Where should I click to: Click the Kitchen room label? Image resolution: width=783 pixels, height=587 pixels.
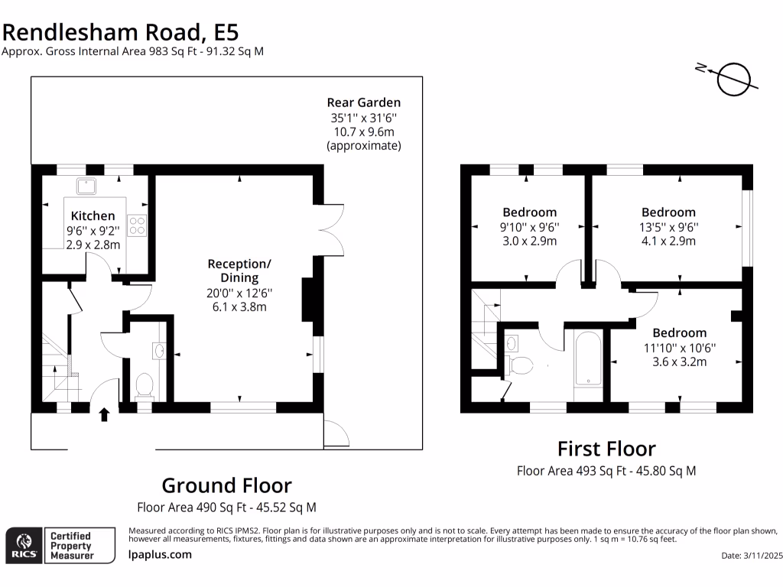tap(93, 216)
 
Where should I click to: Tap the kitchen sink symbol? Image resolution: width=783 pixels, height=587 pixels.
tap(83, 184)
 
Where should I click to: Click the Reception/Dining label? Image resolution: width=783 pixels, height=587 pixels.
tap(239, 271)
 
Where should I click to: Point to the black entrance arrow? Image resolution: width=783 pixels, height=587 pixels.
tap(104, 414)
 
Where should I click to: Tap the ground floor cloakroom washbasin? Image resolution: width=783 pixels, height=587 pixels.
tap(159, 350)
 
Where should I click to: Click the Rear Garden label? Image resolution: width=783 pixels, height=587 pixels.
tap(363, 102)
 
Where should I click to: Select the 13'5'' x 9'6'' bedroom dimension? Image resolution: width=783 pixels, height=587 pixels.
tap(668, 227)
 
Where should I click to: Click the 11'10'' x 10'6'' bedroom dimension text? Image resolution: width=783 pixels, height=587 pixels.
tap(679, 348)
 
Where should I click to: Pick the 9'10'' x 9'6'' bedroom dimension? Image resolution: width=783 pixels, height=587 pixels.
tap(529, 227)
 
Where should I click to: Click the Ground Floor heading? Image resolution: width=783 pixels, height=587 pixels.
tap(226, 485)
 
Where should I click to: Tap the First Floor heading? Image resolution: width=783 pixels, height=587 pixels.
tap(606, 449)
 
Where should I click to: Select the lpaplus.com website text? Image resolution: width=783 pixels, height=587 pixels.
tap(160, 555)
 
